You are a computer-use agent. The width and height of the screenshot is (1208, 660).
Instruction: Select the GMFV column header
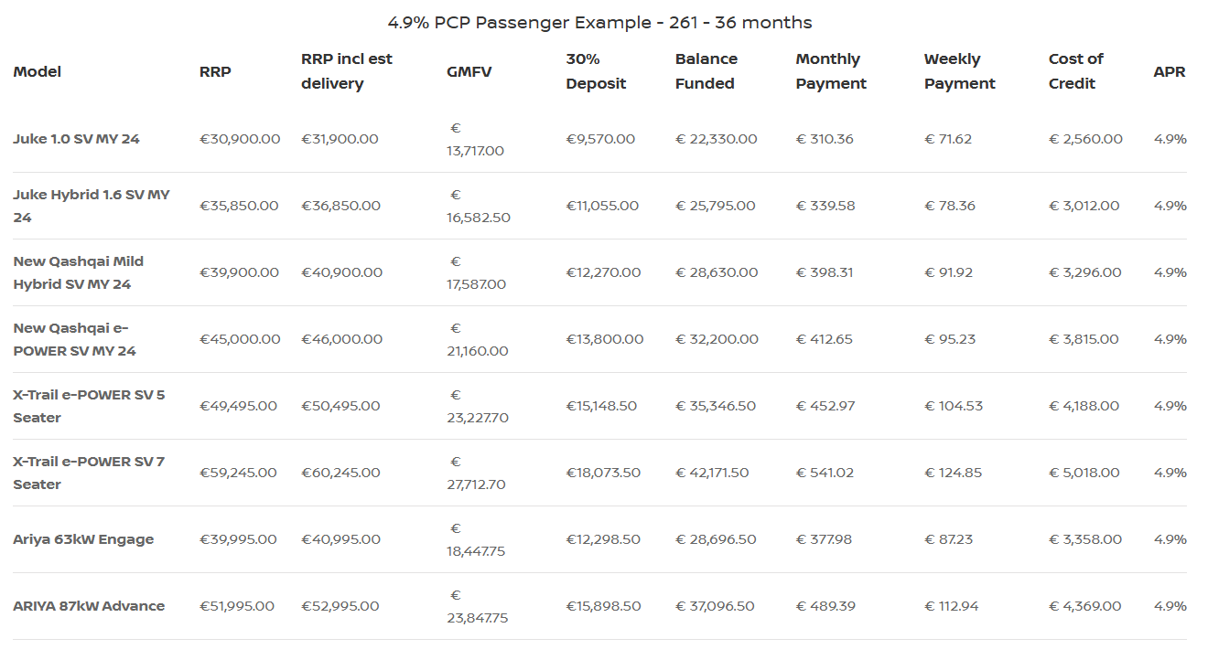pos(469,71)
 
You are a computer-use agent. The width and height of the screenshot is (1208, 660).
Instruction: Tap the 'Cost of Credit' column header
pos(1075,71)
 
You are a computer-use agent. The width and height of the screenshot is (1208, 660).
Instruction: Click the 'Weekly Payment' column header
pos(959,71)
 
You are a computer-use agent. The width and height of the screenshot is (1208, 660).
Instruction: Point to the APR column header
pos(1169,71)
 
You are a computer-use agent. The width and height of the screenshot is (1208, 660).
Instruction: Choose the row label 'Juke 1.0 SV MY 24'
pos(76,139)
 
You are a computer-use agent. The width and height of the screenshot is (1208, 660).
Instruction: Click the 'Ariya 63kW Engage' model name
pos(83,539)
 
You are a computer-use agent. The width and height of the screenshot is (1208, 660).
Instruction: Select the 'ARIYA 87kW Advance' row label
pos(89,606)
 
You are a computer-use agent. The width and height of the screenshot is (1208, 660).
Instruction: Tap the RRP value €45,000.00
pos(240,339)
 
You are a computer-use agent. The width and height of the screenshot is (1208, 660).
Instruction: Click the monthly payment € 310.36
pos(825,139)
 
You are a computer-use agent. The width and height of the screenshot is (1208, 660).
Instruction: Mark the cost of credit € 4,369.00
pos(1084,606)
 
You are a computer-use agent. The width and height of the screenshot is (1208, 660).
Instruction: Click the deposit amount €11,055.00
pos(600,206)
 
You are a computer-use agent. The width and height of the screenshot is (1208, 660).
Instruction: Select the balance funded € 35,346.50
pos(716,406)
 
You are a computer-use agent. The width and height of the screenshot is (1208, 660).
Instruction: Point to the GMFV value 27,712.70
pos(476,484)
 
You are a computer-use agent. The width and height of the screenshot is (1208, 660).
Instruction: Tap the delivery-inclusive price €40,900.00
pos(341,272)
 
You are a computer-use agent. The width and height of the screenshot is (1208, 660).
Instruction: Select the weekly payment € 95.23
pos(950,339)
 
